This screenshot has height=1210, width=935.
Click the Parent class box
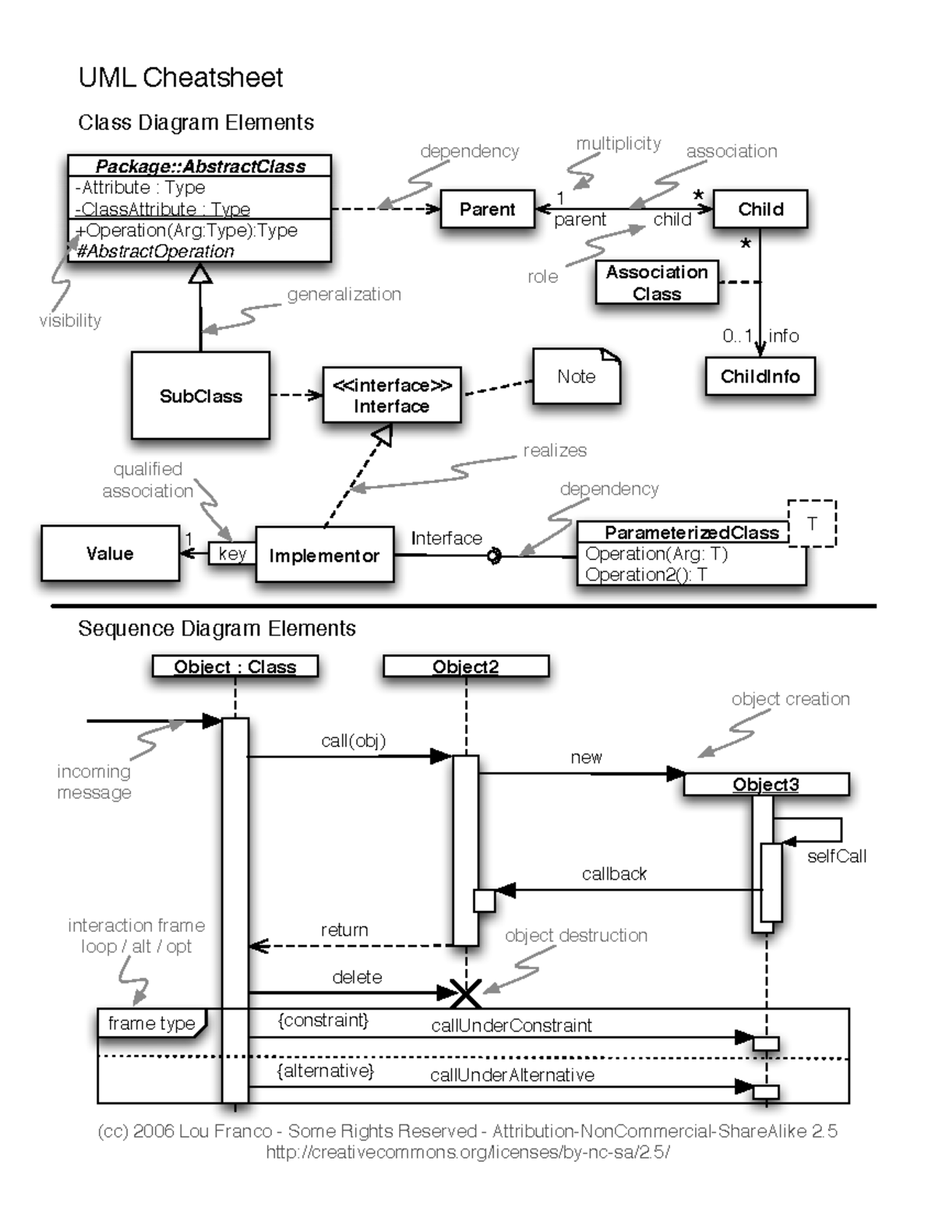pyautogui.click(x=488, y=209)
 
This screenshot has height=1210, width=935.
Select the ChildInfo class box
pyautogui.click(x=760, y=376)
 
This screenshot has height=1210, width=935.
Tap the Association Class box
pyautogui.click(x=656, y=283)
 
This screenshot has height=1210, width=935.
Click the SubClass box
pyautogui.click(x=200, y=396)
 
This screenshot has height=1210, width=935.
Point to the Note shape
pyautogui.click(x=576, y=376)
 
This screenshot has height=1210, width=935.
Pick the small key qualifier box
pyautogui.click(x=232, y=553)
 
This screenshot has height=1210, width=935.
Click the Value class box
pyautogui.click(x=110, y=553)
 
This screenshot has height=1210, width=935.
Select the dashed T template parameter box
pyautogui.click(x=812, y=523)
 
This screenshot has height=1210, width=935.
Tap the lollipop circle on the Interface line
pyautogui.click(x=494, y=556)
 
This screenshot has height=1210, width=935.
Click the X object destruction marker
pyautogui.click(x=466, y=993)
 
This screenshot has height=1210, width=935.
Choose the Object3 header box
pyautogui.click(x=766, y=785)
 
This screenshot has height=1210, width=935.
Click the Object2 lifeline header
pyautogui.click(x=466, y=667)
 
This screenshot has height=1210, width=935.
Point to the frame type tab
pyautogui.click(x=151, y=1023)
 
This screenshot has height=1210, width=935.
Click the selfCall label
pyautogui.click(x=836, y=856)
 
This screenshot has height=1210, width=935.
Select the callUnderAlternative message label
pyautogui.click(x=512, y=1075)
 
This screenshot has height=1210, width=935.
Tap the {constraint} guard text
pyautogui.click(x=323, y=1020)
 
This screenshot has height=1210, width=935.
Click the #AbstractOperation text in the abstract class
pyautogui.click(x=156, y=251)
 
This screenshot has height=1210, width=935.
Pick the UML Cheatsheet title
pyautogui.click(x=181, y=77)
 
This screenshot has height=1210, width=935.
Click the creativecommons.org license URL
pyautogui.click(x=467, y=1152)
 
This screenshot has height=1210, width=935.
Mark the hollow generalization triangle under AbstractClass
pyautogui.click(x=200, y=273)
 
